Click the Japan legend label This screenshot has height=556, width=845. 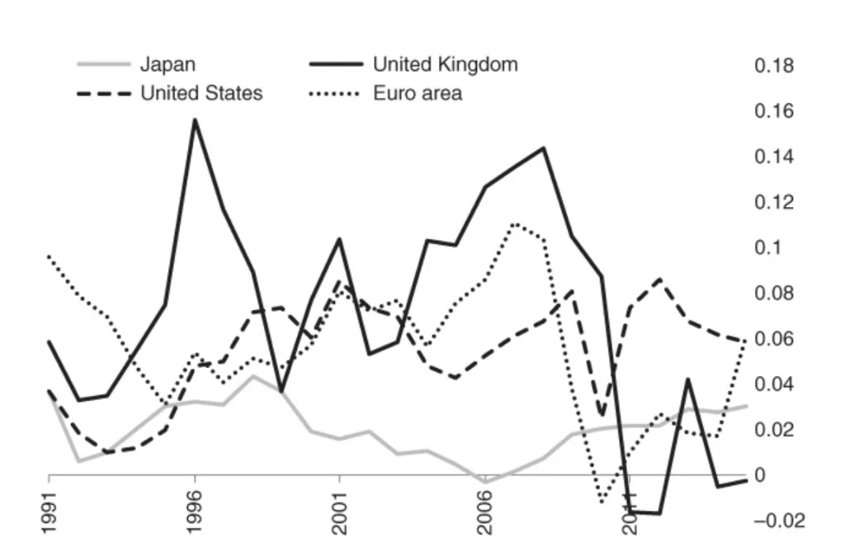tap(168, 64)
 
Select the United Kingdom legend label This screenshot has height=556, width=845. tap(445, 64)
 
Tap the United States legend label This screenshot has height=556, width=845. tap(201, 93)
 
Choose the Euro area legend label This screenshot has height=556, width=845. tap(417, 93)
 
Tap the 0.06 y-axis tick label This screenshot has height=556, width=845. tap(774, 339)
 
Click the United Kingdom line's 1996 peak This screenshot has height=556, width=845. tap(195, 120)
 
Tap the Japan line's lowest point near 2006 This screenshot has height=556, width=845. tap(484, 481)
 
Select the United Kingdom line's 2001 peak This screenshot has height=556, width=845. tap(339, 239)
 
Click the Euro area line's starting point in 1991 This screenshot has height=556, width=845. tap(50, 257)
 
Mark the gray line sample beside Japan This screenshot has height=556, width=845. tap(104, 64)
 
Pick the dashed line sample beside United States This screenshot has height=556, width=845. tap(104, 93)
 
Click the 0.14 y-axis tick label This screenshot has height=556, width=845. tap(774, 157)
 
